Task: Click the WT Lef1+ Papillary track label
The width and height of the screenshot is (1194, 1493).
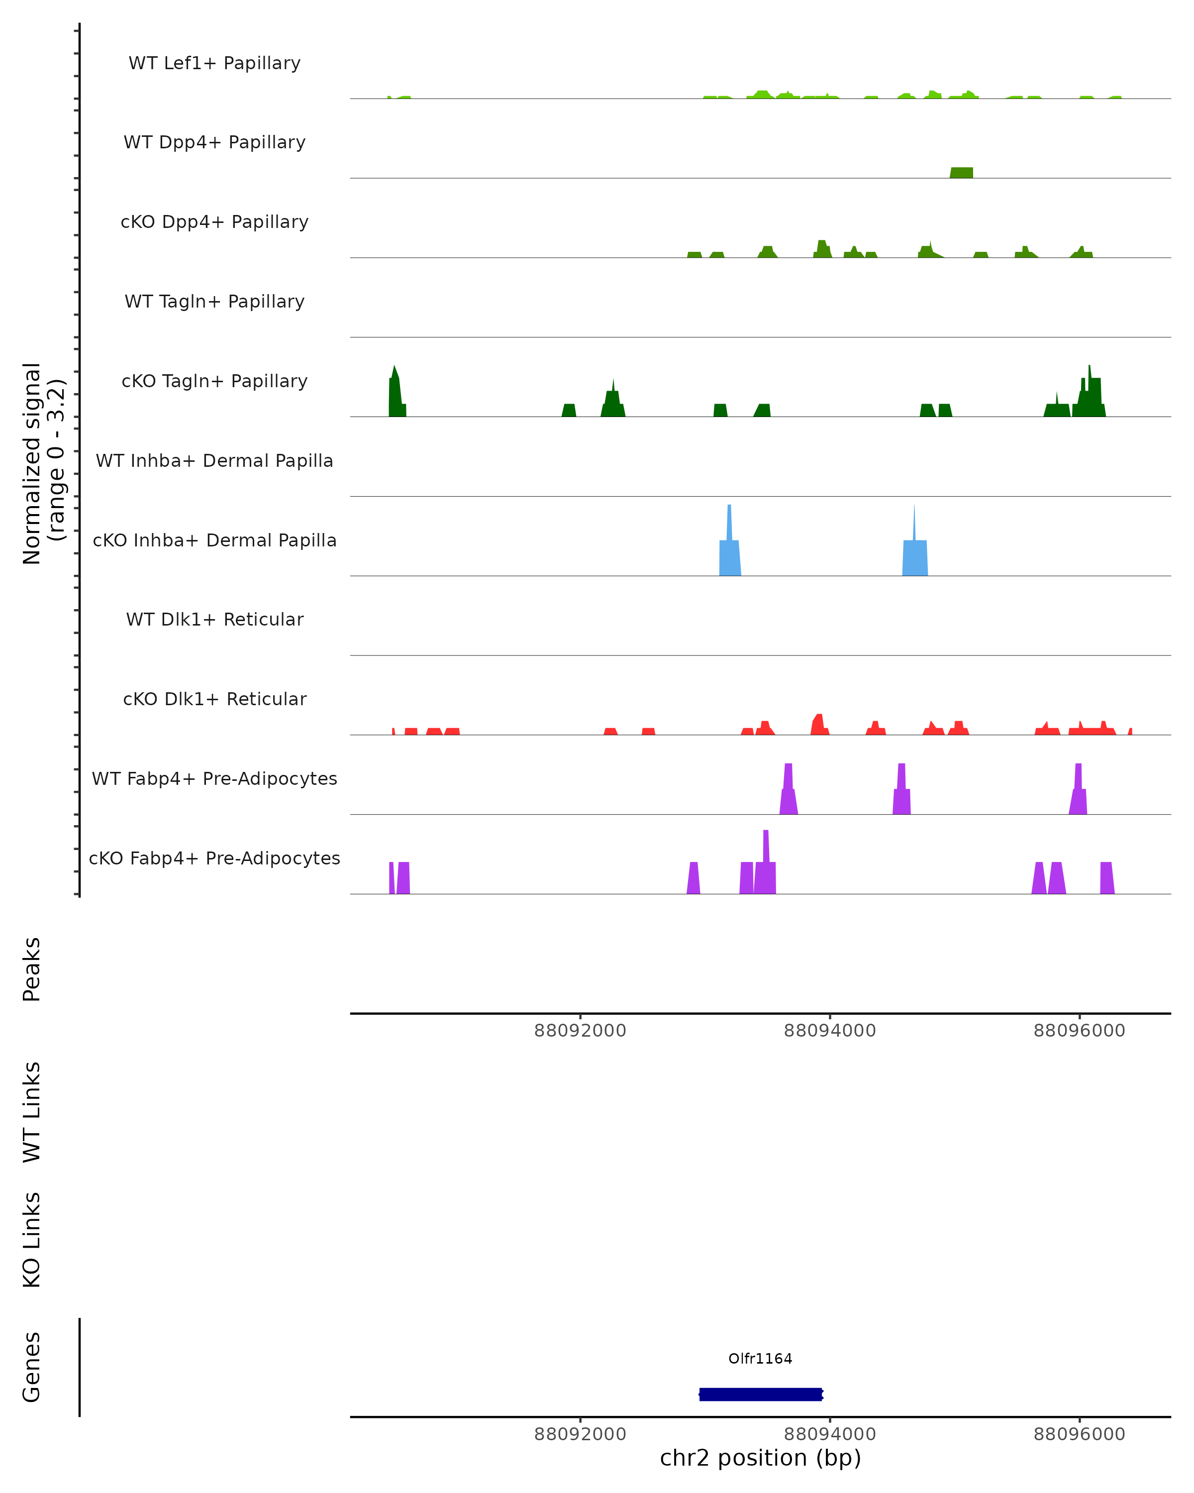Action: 214,63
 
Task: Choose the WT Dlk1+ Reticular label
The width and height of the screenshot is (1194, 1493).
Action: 214,619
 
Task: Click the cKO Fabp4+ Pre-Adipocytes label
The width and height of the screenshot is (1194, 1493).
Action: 214,858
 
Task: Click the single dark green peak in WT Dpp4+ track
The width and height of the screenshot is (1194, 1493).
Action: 962,173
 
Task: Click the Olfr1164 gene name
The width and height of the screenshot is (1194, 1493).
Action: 760,1359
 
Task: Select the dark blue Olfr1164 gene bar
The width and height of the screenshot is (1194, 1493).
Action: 760,1394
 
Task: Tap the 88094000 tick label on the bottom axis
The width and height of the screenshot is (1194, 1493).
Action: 829,1434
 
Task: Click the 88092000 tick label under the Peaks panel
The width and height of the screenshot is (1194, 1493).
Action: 580,1031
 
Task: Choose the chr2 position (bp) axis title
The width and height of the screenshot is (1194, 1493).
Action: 760,1458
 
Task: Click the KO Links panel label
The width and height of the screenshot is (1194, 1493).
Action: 32,1240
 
